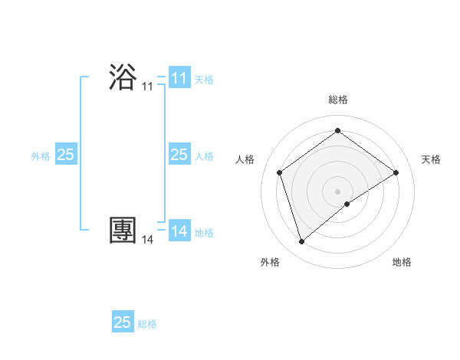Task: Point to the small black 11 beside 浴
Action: (147, 87)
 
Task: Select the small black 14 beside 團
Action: (147, 240)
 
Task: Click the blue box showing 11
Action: (179, 78)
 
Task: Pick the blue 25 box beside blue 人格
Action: (179, 155)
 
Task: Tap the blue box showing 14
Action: (179, 231)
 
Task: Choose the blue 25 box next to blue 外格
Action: (65, 155)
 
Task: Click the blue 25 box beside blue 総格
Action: (122, 322)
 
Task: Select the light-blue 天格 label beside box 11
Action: (204, 79)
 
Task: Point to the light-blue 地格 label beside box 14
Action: (204, 232)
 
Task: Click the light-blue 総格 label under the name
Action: (147, 324)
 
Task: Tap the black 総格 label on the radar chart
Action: (337, 100)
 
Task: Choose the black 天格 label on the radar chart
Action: (431, 159)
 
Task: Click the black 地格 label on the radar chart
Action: (402, 262)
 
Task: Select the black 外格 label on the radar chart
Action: (270, 262)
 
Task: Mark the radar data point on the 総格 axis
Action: (337, 131)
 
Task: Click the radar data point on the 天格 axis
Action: (396, 172)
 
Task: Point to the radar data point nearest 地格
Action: (347, 204)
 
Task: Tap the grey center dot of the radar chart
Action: (337, 191)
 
